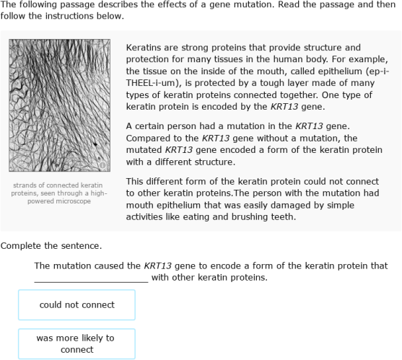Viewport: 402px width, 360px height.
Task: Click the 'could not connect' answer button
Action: [x=77, y=304]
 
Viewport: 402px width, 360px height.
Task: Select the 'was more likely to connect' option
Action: [x=77, y=343]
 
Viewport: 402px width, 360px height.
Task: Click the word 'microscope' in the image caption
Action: [x=69, y=201]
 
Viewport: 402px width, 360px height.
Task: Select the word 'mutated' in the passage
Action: [x=144, y=150]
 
